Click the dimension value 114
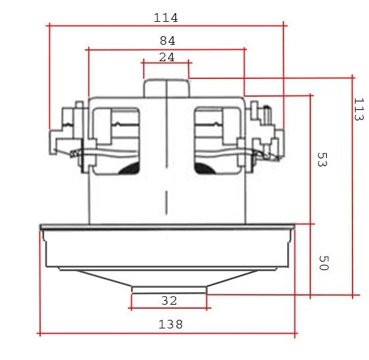(x=166, y=17)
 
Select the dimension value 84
(x=167, y=40)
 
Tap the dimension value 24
(x=167, y=57)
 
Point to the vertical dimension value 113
(x=358, y=109)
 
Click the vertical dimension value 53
(x=322, y=160)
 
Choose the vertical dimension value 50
(x=323, y=263)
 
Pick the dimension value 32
(x=169, y=301)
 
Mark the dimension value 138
(x=170, y=324)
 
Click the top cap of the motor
(x=166, y=89)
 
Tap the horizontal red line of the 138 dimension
(x=99, y=334)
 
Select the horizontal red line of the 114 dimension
(x=99, y=26)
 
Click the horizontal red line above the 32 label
(x=169, y=294)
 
